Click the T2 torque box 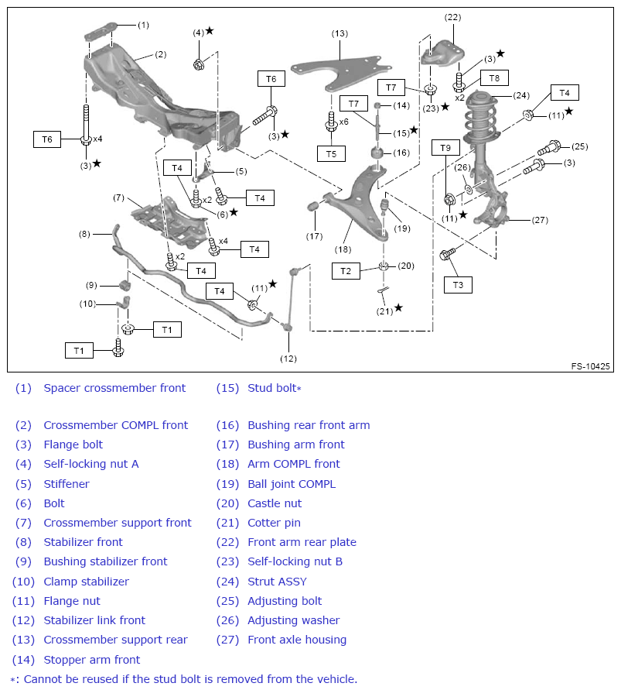[x=346, y=270]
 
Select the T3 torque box [x=459, y=285]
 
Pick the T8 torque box [x=494, y=77]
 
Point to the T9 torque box [x=445, y=147]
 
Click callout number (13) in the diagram [x=340, y=33]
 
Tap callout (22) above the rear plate [x=452, y=17]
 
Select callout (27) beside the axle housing [x=540, y=220]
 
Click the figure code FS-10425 [x=590, y=366]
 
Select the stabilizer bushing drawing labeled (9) [x=123, y=285]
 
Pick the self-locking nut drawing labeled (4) [x=198, y=64]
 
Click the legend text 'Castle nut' [x=275, y=503]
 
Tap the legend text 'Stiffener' [x=67, y=484]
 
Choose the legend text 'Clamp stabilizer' [x=86, y=582]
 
